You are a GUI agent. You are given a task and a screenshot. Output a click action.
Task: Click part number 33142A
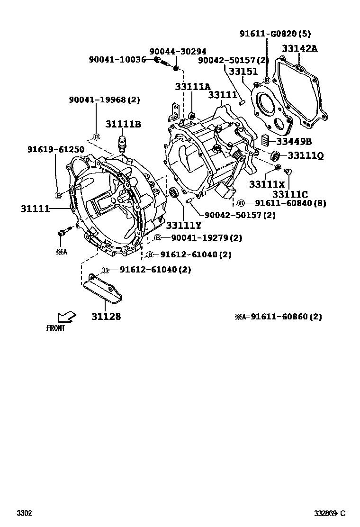click(x=300, y=48)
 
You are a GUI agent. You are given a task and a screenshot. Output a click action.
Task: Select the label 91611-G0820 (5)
click(x=275, y=34)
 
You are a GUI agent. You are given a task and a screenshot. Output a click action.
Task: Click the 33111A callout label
click(x=192, y=87)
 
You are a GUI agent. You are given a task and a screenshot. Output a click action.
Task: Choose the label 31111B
click(x=123, y=124)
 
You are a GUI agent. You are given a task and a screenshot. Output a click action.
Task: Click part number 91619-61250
click(x=55, y=150)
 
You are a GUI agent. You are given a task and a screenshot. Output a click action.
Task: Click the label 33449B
click(x=294, y=141)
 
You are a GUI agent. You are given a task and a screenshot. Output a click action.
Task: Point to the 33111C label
click(x=290, y=194)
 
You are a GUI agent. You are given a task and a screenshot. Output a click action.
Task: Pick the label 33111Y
click(x=183, y=226)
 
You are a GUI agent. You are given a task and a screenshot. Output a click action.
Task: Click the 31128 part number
click(x=106, y=316)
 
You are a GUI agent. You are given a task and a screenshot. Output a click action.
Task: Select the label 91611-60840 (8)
click(x=290, y=203)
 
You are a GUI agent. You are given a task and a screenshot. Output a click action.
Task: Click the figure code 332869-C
click(x=330, y=513)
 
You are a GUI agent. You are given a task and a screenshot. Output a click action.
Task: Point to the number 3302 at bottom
click(x=24, y=513)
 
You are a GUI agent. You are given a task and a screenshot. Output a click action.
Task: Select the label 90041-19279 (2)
click(x=206, y=237)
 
